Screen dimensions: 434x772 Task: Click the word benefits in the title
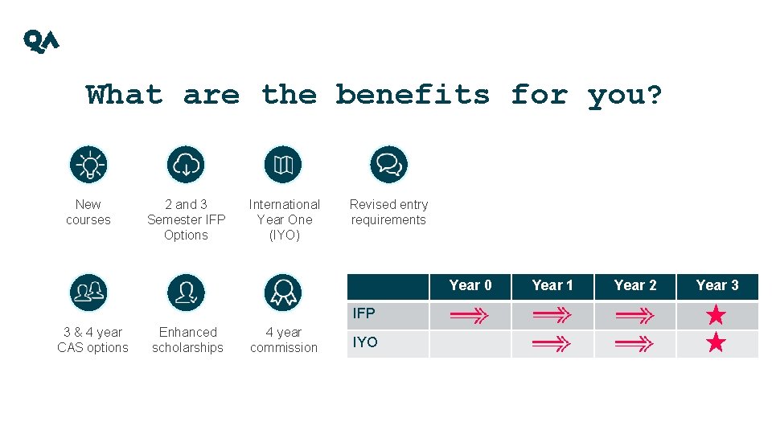(x=413, y=95)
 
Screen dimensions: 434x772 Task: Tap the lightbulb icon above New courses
(x=88, y=165)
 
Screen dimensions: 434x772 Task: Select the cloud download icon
(x=186, y=165)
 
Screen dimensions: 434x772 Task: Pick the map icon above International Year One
(x=283, y=165)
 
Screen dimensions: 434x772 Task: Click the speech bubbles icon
(x=388, y=165)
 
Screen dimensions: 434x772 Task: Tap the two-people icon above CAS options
(x=88, y=293)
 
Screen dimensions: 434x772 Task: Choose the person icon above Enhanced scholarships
(x=186, y=293)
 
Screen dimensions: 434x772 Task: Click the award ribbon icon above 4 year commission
(x=283, y=293)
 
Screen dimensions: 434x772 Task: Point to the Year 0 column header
(x=470, y=285)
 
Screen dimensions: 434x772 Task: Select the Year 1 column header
(x=552, y=285)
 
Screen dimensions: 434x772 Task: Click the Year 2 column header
(x=635, y=285)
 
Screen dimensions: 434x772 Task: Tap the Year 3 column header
(x=717, y=285)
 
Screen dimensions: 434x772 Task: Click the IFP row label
(x=364, y=313)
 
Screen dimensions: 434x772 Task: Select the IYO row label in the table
(x=365, y=342)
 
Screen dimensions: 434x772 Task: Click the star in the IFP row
(x=716, y=316)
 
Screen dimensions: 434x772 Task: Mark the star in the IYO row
(x=716, y=344)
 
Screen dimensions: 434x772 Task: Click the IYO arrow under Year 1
(x=552, y=345)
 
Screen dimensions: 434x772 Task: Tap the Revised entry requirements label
(x=388, y=212)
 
